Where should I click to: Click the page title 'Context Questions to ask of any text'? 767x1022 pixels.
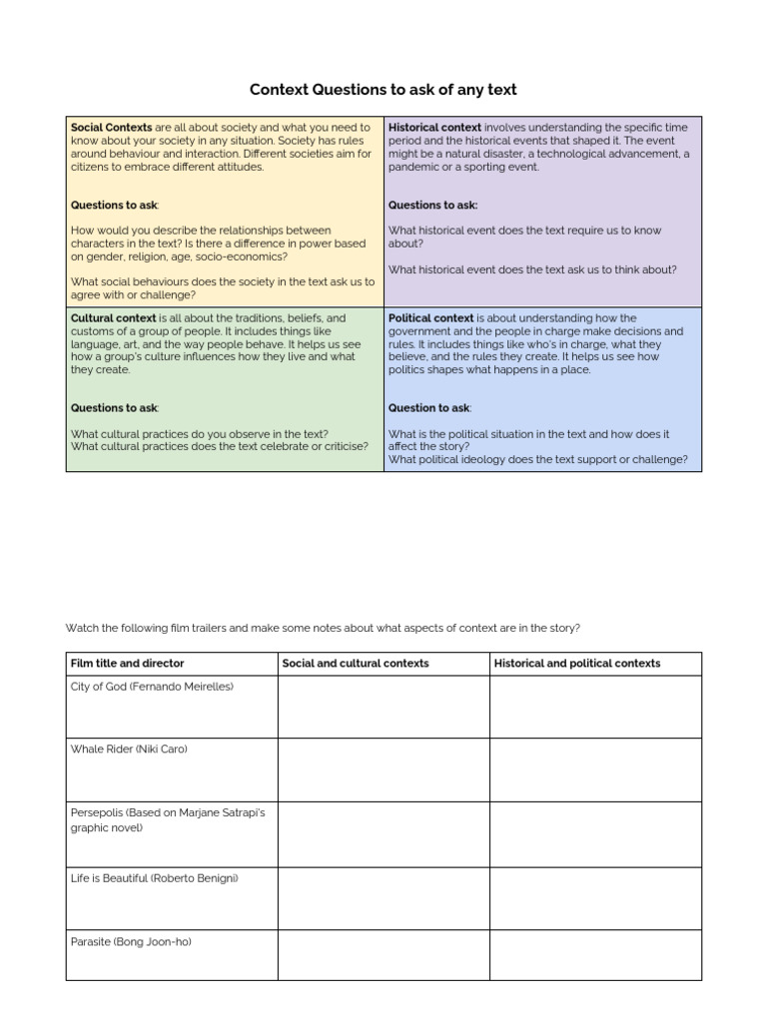[x=383, y=90]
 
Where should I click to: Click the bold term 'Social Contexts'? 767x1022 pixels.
[x=111, y=128]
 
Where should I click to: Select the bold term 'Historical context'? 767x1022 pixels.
[x=434, y=128]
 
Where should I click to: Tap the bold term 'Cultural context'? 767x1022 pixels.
[x=113, y=318]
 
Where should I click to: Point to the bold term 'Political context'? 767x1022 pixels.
[x=430, y=318]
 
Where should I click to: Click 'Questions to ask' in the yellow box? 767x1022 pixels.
[x=114, y=206]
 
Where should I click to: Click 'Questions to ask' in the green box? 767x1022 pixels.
[x=114, y=408]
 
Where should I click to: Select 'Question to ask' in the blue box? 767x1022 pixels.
[x=428, y=408]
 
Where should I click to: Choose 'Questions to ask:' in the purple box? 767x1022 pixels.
[x=432, y=206]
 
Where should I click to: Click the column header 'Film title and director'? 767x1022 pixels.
[x=127, y=664]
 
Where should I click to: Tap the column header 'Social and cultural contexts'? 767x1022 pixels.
[x=356, y=664]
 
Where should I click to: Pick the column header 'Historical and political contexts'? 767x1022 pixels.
[x=577, y=664]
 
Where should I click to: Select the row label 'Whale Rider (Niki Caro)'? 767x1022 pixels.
[x=129, y=750]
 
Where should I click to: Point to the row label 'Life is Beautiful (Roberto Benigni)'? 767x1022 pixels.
[x=155, y=878]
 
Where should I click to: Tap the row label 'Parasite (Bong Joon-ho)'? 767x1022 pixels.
[x=127, y=941]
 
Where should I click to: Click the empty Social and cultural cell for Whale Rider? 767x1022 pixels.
[x=383, y=769]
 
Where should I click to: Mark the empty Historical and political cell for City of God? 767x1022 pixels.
[x=595, y=707]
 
